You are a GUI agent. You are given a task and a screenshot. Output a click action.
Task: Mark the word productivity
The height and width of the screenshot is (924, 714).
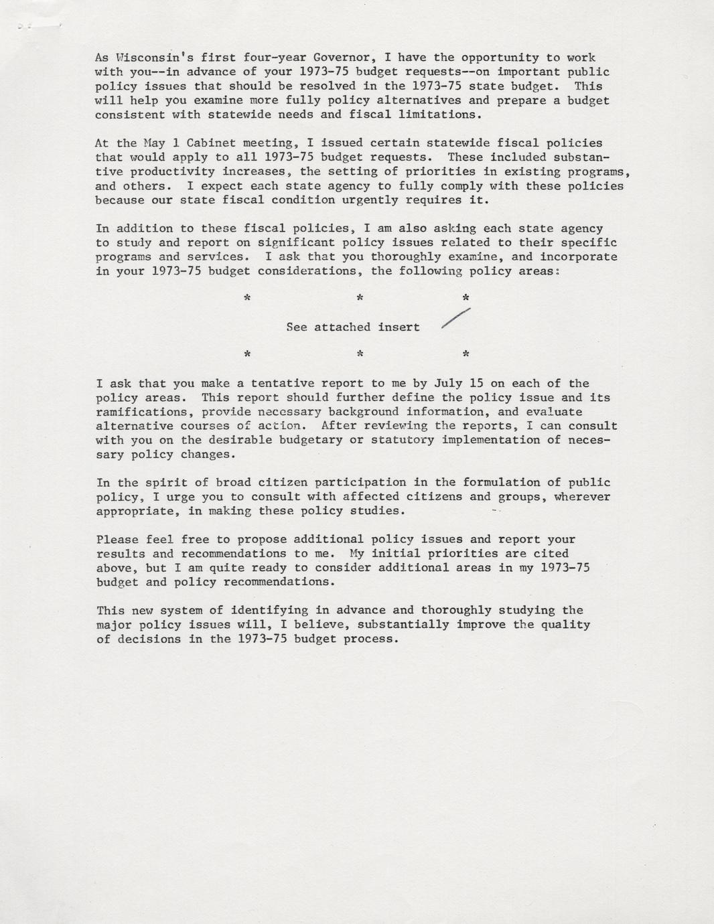point(165,171)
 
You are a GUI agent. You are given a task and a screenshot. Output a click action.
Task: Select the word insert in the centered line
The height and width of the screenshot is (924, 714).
point(399,327)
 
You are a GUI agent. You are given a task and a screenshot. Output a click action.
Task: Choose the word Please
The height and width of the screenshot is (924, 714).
point(117,539)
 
